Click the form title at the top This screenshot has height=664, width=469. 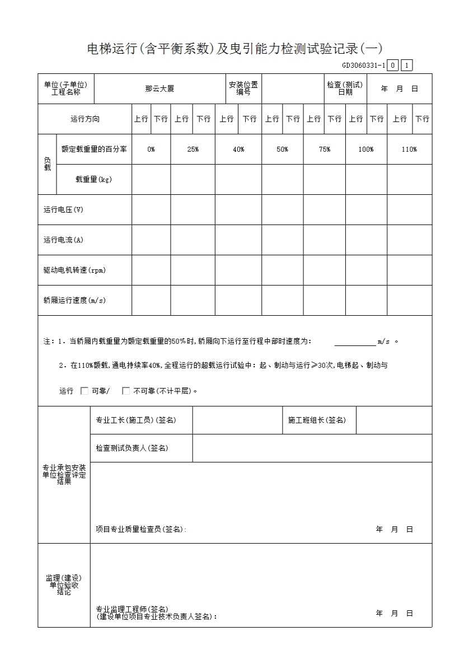point(234,49)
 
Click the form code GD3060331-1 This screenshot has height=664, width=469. point(363,66)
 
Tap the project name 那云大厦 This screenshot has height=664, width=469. point(160,88)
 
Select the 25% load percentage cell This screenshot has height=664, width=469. point(193,149)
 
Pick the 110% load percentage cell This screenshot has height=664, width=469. point(409,149)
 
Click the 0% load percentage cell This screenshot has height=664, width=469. point(151,149)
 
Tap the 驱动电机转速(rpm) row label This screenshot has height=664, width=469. point(74,270)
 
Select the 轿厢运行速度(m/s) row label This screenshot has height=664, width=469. point(74,301)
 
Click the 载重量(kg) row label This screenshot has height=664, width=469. point(93,180)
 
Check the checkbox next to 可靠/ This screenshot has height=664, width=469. point(85,391)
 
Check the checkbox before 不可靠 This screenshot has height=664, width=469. point(126,391)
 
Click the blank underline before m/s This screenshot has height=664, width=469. point(355,341)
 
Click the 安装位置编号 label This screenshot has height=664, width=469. point(243,88)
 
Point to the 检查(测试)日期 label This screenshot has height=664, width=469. point(345,88)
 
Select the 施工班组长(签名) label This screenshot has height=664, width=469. point(317,420)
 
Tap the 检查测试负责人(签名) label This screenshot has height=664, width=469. point(132,448)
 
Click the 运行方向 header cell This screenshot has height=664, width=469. point(85,119)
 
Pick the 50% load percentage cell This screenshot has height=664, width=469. point(282,149)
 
